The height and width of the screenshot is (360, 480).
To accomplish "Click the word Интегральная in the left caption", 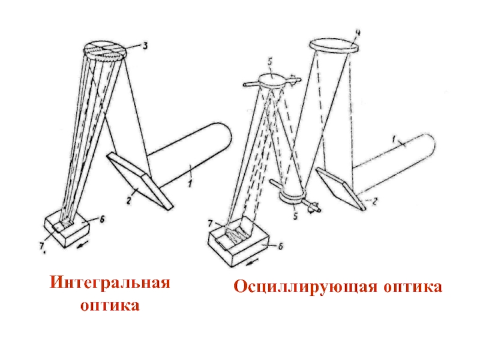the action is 110,282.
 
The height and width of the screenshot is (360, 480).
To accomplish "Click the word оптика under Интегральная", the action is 110,306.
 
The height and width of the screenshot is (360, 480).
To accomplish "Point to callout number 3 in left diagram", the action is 145,46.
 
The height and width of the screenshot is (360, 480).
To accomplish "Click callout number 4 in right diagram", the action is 357,33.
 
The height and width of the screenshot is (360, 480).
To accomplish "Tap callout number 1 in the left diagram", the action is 190,184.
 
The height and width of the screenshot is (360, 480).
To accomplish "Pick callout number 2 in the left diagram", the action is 129,200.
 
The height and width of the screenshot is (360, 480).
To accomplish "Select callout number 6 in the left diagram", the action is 102,219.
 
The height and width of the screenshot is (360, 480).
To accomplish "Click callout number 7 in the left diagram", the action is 42,246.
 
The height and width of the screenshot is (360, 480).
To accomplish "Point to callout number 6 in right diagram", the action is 280,246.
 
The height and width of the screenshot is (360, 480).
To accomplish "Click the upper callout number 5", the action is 269,62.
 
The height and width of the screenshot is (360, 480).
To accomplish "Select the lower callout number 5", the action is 295,216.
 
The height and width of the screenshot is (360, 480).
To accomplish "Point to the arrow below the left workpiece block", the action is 82,244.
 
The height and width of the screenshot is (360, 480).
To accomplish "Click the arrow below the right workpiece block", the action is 252,261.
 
